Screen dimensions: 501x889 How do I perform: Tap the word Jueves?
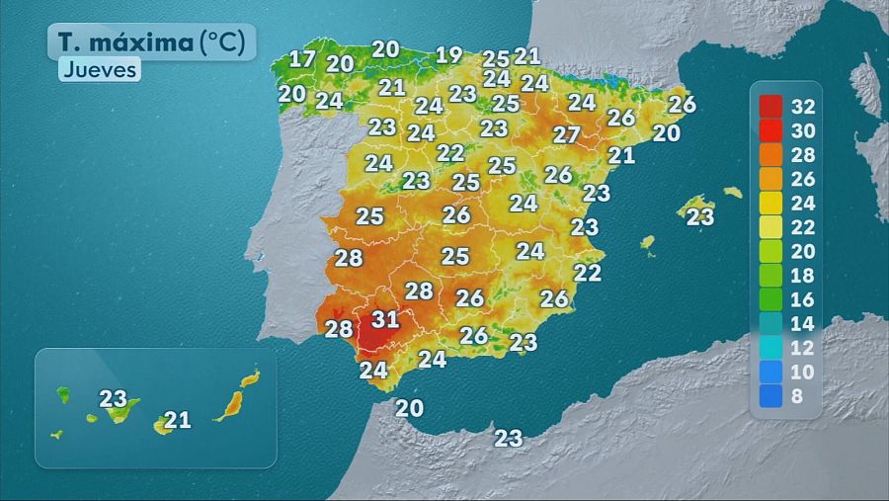click(99, 69)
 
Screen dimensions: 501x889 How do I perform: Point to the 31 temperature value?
click(385, 319)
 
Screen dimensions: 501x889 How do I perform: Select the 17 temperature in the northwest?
click(302, 58)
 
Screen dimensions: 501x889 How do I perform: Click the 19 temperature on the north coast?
click(449, 54)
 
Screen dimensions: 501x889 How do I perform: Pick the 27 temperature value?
click(566, 135)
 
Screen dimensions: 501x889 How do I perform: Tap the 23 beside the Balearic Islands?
click(700, 216)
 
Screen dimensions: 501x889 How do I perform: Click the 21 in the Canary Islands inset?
click(177, 421)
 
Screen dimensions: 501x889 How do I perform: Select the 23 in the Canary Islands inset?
click(114, 399)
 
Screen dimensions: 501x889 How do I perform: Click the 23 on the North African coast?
click(509, 438)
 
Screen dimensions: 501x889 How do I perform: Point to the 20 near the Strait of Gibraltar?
click(409, 407)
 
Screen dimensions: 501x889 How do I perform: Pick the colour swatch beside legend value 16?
click(771, 297)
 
